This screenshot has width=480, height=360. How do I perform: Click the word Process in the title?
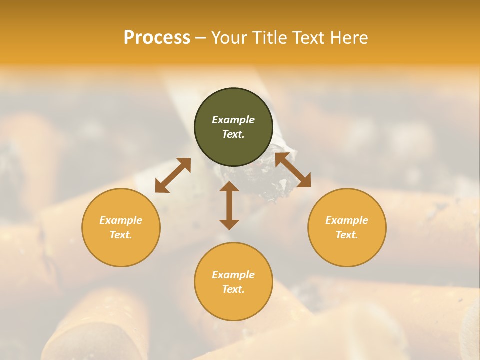point(157,38)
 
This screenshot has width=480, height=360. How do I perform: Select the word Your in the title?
point(230,38)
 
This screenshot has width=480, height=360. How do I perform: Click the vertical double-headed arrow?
point(229,205)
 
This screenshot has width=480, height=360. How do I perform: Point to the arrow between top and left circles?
point(173,175)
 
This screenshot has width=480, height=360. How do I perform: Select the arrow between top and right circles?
point(293,170)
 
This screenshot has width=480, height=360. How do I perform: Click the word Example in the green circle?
point(233,120)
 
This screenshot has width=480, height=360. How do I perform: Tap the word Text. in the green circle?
point(233,134)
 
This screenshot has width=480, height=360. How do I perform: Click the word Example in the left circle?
point(121,220)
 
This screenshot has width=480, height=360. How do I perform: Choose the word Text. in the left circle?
point(121,235)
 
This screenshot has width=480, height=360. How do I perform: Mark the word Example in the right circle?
point(347,220)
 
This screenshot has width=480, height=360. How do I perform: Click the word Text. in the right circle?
point(347,235)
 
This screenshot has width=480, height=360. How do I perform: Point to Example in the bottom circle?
point(233,275)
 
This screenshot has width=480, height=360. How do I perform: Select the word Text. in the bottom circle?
point(233,289)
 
